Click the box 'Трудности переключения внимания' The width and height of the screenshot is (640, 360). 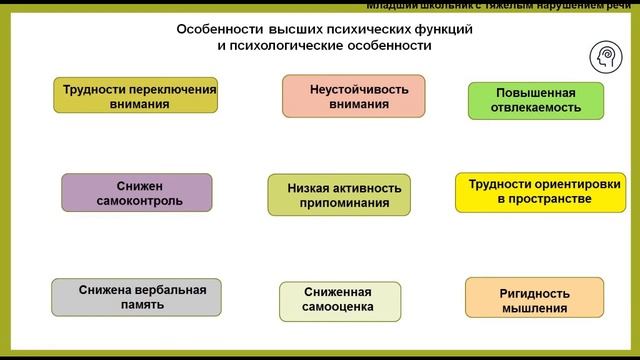click(134, 95)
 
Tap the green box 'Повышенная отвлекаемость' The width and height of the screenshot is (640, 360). click(536, 101)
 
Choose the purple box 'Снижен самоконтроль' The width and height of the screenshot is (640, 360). click(137, 192)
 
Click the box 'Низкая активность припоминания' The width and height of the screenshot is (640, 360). click(339, 194)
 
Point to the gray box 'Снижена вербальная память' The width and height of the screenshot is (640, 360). click(136, 297)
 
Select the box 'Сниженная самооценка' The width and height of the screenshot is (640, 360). click(338, 300)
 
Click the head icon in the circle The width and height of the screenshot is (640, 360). click(607, 57)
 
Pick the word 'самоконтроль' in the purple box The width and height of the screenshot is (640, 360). click(137, 200)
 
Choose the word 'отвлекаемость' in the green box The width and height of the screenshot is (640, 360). click(536, 109)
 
